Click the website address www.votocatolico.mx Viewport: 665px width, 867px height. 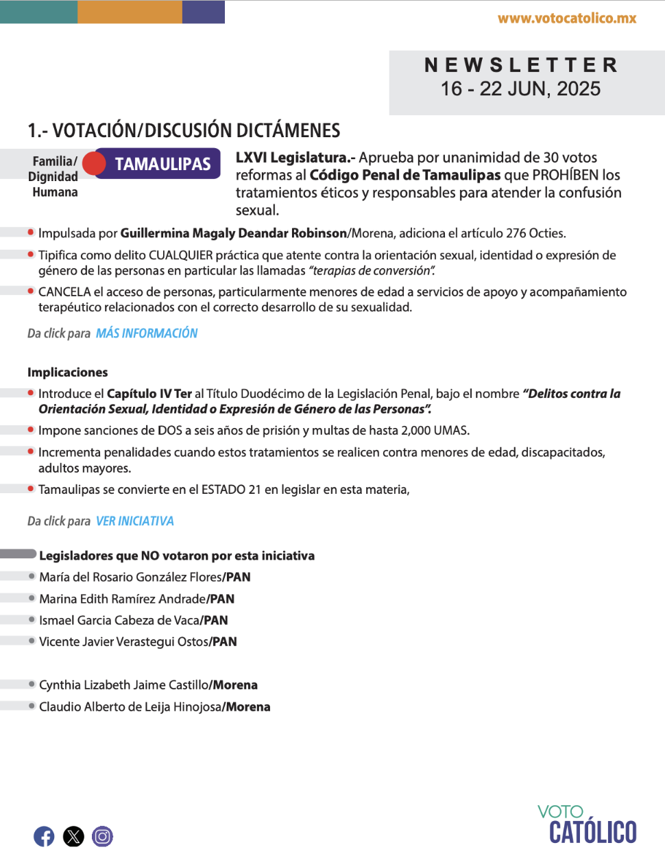[567, 19]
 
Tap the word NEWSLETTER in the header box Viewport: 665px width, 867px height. [521, 65]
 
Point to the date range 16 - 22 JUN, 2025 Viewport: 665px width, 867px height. [520, 89]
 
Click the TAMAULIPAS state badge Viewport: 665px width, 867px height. [162, 164]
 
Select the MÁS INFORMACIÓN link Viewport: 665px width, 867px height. [147, 333]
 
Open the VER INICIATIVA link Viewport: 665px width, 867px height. [135, 521]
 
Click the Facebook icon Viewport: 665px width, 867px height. [44, 836]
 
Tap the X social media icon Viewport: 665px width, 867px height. [73, 836]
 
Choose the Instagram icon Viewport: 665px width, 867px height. [103, 836]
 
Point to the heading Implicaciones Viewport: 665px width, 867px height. [68, 372]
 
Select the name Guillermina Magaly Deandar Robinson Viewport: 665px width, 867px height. [234, 233]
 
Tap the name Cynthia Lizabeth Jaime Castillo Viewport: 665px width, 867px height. [124, 685]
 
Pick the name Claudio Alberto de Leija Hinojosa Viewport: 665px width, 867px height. [130, 707]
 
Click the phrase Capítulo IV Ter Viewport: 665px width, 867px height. [149, 394]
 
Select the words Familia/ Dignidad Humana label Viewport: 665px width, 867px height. [53, 177]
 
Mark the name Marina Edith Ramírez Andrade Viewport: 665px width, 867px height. [123, 599]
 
